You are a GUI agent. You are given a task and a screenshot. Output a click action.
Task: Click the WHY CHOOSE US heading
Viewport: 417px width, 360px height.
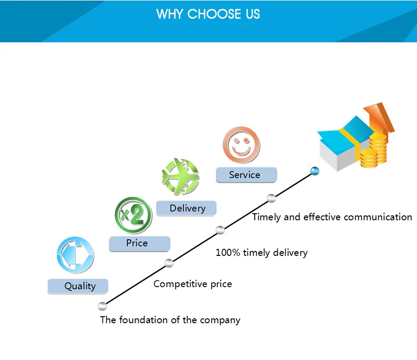click(x=208, y=14)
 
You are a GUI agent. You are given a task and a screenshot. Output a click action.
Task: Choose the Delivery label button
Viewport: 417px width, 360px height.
click(x=186, y=208)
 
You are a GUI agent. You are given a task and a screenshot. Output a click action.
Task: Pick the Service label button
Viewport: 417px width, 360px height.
click(x=246, y=175)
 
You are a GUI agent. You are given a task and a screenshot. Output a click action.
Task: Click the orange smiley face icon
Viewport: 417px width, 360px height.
click(x=241, y=145)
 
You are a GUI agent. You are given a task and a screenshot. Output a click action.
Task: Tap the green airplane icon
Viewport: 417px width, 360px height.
click(x=180, y=176)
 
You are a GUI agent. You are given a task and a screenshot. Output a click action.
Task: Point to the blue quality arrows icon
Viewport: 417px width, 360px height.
click(x=75, y=255)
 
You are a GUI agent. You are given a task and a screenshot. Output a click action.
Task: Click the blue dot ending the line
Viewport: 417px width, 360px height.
click(x=315, y=171)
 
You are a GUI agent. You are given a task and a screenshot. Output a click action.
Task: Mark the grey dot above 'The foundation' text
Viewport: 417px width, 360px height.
click(x=102, y=305)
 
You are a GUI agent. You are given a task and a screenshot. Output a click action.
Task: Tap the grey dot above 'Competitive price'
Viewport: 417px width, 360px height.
click(x=169, y=263)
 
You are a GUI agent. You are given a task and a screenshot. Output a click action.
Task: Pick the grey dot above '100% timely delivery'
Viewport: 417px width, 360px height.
click(x=220, y=230)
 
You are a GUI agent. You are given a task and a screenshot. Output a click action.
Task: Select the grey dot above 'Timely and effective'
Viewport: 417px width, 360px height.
click(x=271, y=198)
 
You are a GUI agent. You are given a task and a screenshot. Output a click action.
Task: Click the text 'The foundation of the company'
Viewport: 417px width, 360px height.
click(x=170, y=320)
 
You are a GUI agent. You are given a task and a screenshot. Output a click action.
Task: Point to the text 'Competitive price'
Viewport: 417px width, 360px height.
click(x=192, y=284)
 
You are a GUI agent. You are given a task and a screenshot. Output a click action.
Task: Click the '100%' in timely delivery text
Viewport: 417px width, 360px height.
click(x=227, y=253)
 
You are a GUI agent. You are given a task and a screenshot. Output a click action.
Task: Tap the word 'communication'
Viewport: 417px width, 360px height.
click(x=378, y=217)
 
